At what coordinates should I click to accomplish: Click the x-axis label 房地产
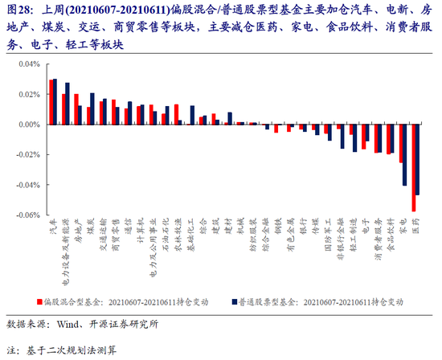point(78,229)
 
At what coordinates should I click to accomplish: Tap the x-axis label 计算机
point(141,229)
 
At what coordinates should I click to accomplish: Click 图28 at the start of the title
point(18,9)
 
